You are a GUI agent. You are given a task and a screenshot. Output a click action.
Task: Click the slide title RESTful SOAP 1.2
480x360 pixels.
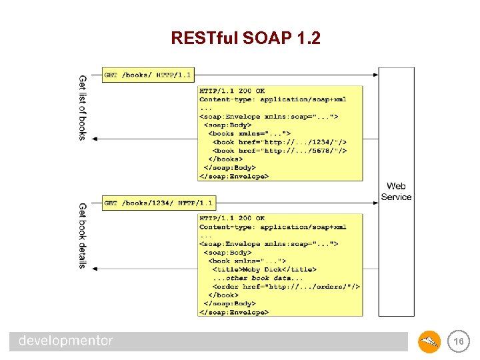tap(245, 39)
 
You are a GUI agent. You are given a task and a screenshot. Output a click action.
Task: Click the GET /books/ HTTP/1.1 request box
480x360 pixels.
tap(147, 75)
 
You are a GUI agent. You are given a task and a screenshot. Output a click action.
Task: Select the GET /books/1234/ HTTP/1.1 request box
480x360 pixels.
tap(158, 203)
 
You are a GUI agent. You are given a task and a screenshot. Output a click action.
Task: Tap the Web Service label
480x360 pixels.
tap(396, 191)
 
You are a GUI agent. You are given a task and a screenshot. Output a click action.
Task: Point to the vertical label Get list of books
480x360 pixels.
tap(83, 107)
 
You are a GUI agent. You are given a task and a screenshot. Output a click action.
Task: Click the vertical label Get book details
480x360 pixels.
tap(83, 235)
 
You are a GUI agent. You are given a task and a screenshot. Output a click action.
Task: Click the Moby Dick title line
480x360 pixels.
tap(264, 269)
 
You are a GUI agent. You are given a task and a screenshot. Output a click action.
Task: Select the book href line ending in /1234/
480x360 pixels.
tap(279, 142)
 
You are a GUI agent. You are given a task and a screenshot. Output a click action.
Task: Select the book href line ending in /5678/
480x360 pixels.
tap(279, 151)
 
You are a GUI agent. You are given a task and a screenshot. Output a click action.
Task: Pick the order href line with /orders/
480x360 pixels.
tap(286, 287)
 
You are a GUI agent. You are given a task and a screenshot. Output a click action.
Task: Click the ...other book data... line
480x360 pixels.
tap(257, 278)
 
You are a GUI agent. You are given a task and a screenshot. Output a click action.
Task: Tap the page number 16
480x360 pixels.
tap(458, 341)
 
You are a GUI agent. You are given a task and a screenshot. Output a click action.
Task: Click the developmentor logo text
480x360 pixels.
tap(66, 341)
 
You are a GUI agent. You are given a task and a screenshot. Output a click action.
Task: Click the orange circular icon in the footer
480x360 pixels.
tap(429, 342)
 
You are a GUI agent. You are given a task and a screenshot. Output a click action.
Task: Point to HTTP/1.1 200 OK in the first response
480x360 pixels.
tap(232, 91)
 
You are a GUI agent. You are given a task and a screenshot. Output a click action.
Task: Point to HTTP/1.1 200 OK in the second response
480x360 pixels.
tap(232, 218)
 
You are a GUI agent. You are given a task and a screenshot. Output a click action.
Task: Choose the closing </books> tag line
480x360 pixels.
tap(225, 159)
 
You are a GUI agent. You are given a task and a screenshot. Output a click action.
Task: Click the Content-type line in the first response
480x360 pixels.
tap(273, 99)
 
